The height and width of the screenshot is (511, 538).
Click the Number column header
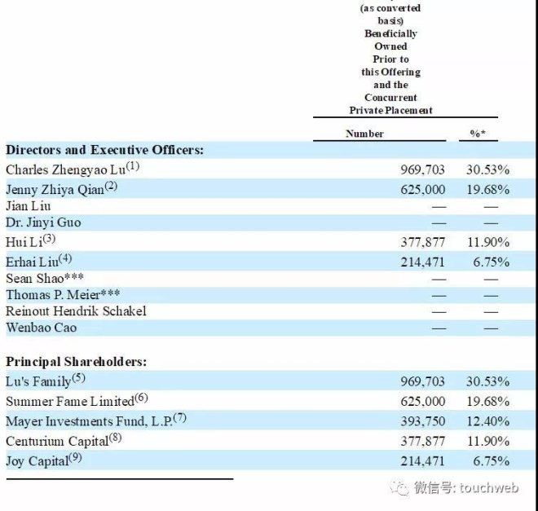point(364,134)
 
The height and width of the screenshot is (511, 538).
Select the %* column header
point(478,134)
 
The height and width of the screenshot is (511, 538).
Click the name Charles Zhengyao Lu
point(65,170)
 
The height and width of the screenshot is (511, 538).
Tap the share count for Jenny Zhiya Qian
point(423,189)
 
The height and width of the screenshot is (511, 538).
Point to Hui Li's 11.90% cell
point(488,242)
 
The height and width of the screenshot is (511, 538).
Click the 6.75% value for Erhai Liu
point(492,262)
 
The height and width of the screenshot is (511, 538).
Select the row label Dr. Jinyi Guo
point(43,222)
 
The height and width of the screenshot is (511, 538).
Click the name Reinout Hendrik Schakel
point(76,311)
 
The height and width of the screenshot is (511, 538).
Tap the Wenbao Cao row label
point(42,328)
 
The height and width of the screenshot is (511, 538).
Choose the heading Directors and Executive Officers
point(104,150)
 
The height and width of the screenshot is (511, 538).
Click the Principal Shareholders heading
point(76,362)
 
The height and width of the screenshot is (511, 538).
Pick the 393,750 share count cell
point(423,421)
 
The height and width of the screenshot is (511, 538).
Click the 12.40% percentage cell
point(488,421)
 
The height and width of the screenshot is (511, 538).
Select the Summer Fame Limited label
point(70,401)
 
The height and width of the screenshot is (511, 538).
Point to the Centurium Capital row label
point(57,442)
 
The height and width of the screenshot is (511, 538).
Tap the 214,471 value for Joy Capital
point(423,461)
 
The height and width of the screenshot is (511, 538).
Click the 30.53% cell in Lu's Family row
point(488,381)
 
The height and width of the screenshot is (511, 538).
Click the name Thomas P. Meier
point(53,294)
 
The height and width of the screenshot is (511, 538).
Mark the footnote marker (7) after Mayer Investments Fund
point(180,417)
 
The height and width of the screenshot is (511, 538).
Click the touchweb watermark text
point(489,487)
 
